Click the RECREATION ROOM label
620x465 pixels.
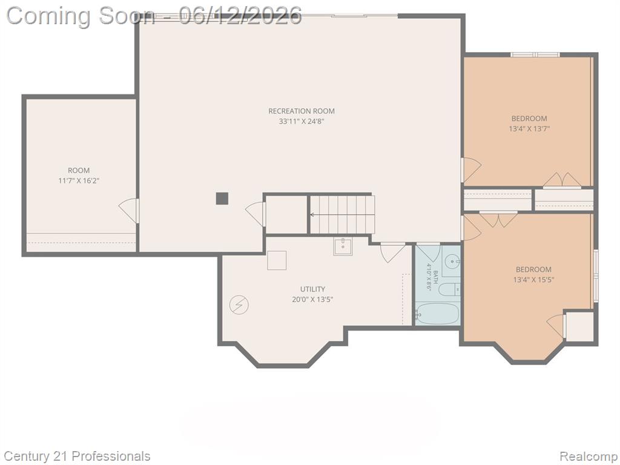tap(302, 111)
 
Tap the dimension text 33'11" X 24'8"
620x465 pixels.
tap(302, 121)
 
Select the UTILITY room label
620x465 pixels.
tap(312, 289)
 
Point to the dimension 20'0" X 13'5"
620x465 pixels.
tap(312, 299)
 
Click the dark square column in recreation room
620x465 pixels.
tap(222, 199)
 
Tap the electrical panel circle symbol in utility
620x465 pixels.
tap(239, 305)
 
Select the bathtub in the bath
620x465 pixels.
tap(437, 313)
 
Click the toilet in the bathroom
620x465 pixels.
tap(450, 289)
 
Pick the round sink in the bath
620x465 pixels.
tap(452, 262)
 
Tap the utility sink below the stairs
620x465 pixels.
tap(343, 247)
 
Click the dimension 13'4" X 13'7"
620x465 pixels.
tap(529, 128)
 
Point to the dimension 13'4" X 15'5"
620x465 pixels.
tap(533, 280)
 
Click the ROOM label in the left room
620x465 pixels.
tap(79, 170)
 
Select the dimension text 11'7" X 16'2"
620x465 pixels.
tap(79, 180)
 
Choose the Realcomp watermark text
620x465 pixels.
tap(588, 456)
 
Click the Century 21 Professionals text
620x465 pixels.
tap(77, 456)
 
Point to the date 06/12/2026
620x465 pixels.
tap(240, 16)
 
